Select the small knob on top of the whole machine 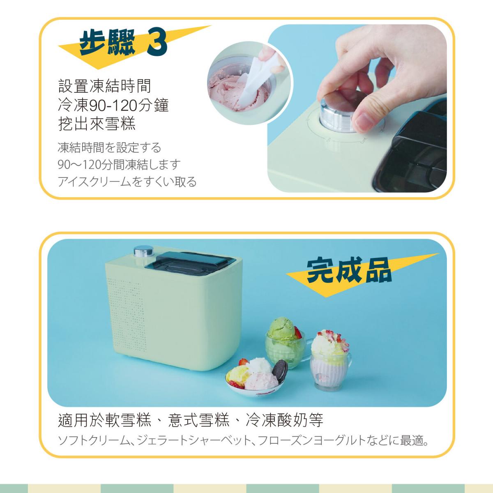click(x=142, y=251)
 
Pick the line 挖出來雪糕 click(x=97, y=124)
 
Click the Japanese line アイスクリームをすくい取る click(x=127, y=182)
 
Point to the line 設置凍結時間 click(x=105, y=86)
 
